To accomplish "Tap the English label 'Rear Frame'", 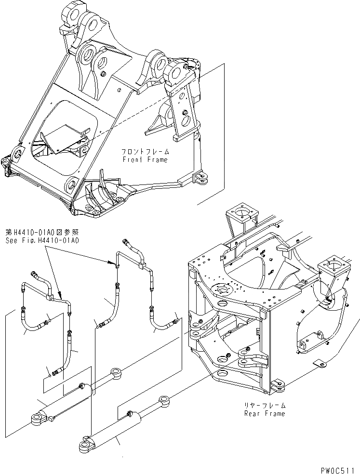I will pyautogui.click(x=265, y=413).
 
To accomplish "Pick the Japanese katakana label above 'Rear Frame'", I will pyautogui.click(x=265, y=406).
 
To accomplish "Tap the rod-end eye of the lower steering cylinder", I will pyautogui.click(x=164, y=399).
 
